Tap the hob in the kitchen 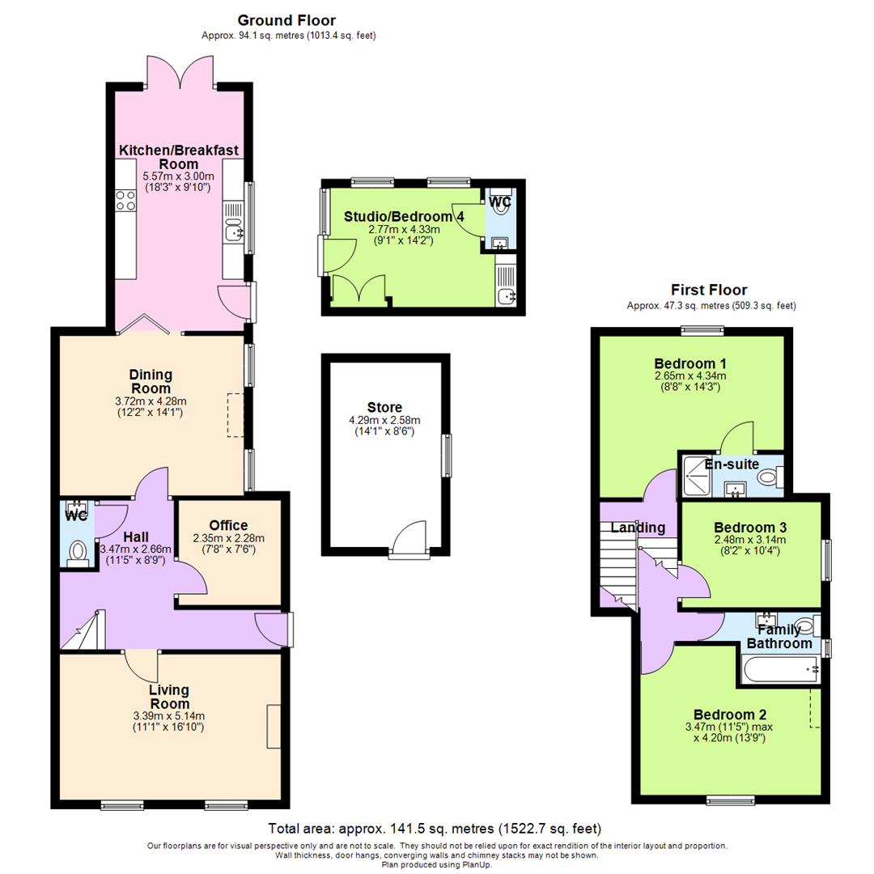pos(125,200)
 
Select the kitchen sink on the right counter pos(233,232)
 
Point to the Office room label pos(228,525)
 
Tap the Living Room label pos(168,697)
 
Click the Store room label pos(384,407)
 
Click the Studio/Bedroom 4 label pos(392,216)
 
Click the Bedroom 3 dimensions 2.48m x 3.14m pos(750,540)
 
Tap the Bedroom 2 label pos(729,715)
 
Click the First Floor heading pos(709,290)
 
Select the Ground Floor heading pos(286,20)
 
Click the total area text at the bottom pos(435,829)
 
